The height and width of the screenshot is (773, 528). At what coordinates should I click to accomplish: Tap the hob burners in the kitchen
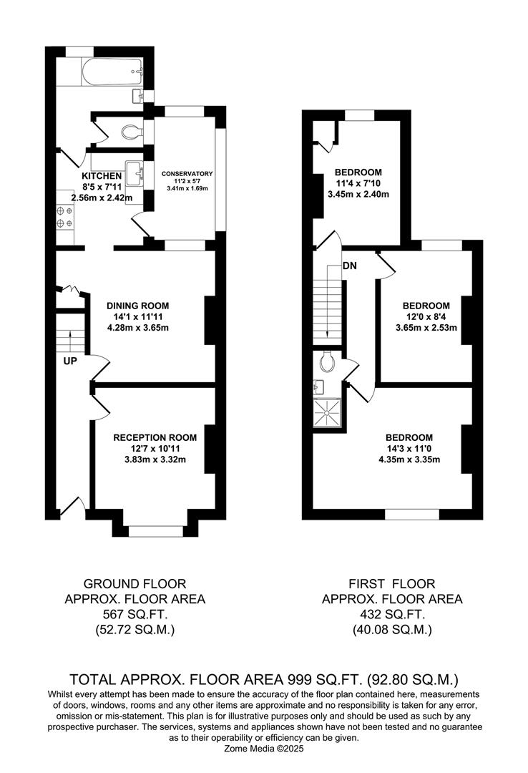tap(64, 217)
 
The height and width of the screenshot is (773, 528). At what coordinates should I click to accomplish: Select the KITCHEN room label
tap(102, 176)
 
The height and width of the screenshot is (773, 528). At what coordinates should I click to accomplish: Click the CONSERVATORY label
tap(187, 173)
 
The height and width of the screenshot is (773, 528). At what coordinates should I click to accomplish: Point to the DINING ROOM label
tap(138, 306)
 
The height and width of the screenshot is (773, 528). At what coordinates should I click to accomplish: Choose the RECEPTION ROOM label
tap(155, 437)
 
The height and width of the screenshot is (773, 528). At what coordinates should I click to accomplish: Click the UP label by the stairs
tap(70, 361)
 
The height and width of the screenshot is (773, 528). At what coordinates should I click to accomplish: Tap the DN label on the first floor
tap(350, 266)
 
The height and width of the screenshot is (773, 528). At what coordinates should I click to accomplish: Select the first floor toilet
tap(328, 362)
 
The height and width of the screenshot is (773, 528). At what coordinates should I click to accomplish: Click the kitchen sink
tap(134, 173)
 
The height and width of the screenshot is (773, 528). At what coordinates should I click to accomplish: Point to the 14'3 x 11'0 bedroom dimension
tap(409, 449)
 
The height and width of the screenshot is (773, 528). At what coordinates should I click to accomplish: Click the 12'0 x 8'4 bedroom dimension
tap(426, 316)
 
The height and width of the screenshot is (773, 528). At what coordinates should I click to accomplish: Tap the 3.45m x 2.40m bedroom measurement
tap(358, 194)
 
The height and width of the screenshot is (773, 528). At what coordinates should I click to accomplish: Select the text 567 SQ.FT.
tap(135, 614)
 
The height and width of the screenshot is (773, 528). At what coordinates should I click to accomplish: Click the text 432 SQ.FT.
tap(392, 614)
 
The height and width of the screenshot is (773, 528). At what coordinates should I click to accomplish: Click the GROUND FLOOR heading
tap(135, 584)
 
